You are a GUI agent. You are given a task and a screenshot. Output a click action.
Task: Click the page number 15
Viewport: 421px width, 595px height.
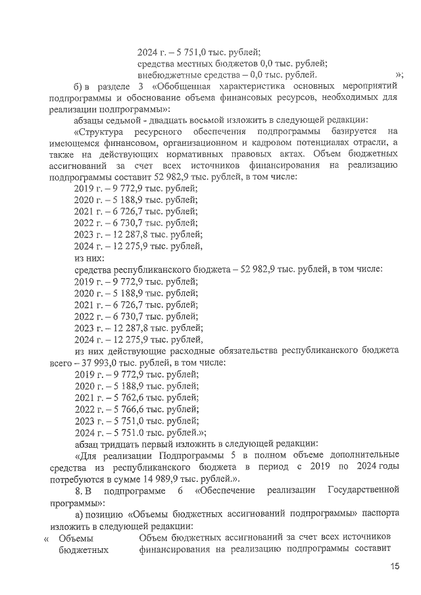click(x=395, y=566)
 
